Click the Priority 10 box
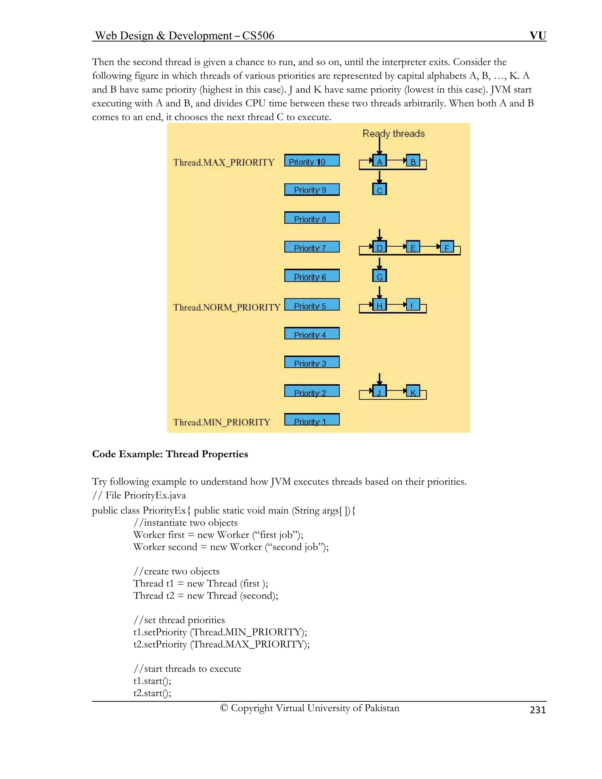(x=312, y=161)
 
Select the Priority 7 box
(x=312, y=247)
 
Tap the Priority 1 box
(x=312, y=420)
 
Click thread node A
(x=379, y=161)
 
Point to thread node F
(x=447, y=247)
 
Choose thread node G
(x=379, y=276)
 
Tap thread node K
(x=413, y=392)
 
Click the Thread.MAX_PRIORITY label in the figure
(x=224, y=163)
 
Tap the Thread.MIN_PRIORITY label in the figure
(x=221, y=422)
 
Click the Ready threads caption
(x=393, y=134)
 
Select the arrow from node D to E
(x=397, y=246)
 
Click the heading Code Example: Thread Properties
(x=170, y=454)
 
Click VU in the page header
(x=537, y=35)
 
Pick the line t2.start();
(x=152, y=693)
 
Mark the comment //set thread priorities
(x=179, y=620)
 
